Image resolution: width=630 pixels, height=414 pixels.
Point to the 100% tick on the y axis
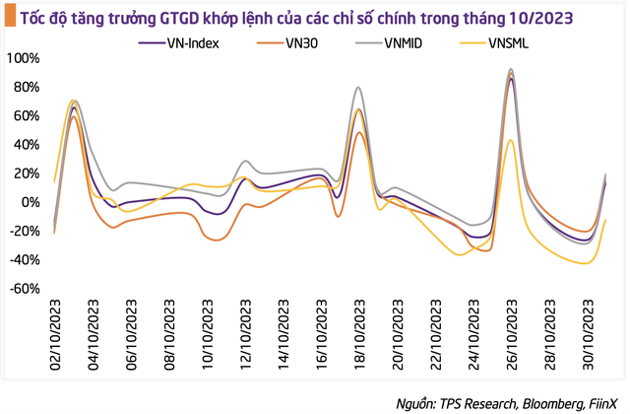click(25, 58)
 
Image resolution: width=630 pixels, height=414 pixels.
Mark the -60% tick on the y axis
click(25, 289)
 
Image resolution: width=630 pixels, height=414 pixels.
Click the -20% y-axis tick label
click(25, 231)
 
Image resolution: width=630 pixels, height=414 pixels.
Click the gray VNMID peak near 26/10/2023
click(510, 70)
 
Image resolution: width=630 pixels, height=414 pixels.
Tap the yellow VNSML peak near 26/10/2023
click(510, 140)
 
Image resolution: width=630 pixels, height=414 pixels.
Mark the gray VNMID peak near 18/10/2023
click(357, 88)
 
